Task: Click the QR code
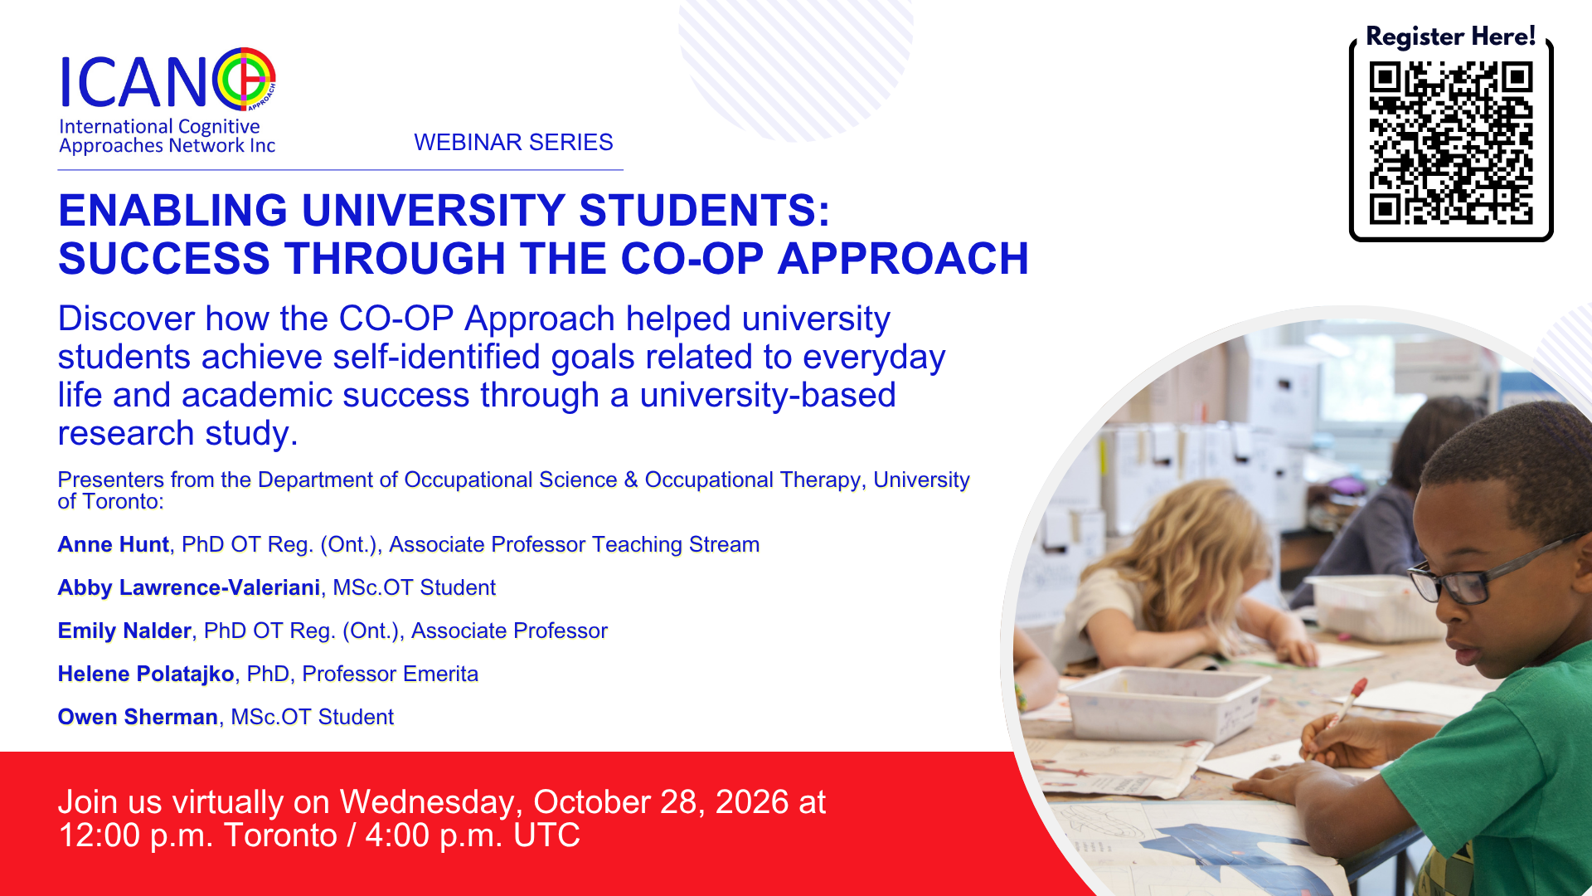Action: pos(1451,143)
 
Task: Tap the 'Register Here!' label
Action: pos(1450,37)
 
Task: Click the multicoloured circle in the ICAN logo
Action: pos(244,79)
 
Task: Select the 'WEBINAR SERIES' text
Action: pos(513,142)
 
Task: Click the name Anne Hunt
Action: pos(114,544)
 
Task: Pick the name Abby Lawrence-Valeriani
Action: pos(189,587)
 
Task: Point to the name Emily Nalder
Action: pos(124,631)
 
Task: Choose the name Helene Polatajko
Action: pos(146,674)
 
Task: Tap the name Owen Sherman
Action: pos(138,717)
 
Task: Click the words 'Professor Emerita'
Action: pos(391,674)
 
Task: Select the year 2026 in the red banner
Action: pos(752,802)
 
